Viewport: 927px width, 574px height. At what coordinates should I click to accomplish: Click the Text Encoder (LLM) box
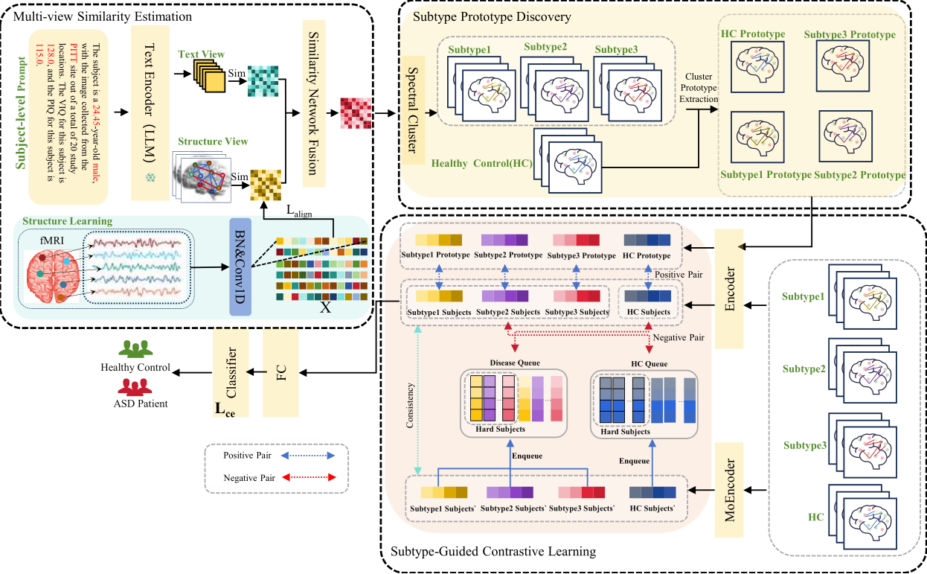150,113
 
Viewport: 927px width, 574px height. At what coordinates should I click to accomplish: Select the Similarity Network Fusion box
314,103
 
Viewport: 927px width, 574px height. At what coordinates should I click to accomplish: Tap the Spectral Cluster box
413,110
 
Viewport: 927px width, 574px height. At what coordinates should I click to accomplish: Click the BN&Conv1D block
240,267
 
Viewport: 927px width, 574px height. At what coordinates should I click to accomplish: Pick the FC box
280,373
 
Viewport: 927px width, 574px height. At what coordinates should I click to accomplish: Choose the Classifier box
231,373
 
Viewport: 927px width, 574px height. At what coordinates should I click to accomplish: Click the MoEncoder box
729,490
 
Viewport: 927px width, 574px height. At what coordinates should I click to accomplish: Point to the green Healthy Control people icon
135,349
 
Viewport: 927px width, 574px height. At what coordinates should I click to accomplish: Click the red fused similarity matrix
356,113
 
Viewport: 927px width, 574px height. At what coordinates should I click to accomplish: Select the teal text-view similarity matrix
263,80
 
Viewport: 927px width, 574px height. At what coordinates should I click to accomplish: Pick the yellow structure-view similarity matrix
266,185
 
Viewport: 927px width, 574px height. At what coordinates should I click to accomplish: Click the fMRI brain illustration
53,275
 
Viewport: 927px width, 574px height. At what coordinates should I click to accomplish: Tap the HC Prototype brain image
757,67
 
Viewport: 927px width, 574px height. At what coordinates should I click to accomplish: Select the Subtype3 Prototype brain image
843,66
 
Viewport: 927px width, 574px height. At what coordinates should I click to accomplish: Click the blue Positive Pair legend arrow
308,456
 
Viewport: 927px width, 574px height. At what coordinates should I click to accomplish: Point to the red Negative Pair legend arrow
309,477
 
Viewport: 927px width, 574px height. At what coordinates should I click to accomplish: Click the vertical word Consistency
410,406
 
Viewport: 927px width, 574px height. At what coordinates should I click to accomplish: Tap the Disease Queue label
515,363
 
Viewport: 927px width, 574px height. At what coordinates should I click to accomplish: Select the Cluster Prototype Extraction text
699,88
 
